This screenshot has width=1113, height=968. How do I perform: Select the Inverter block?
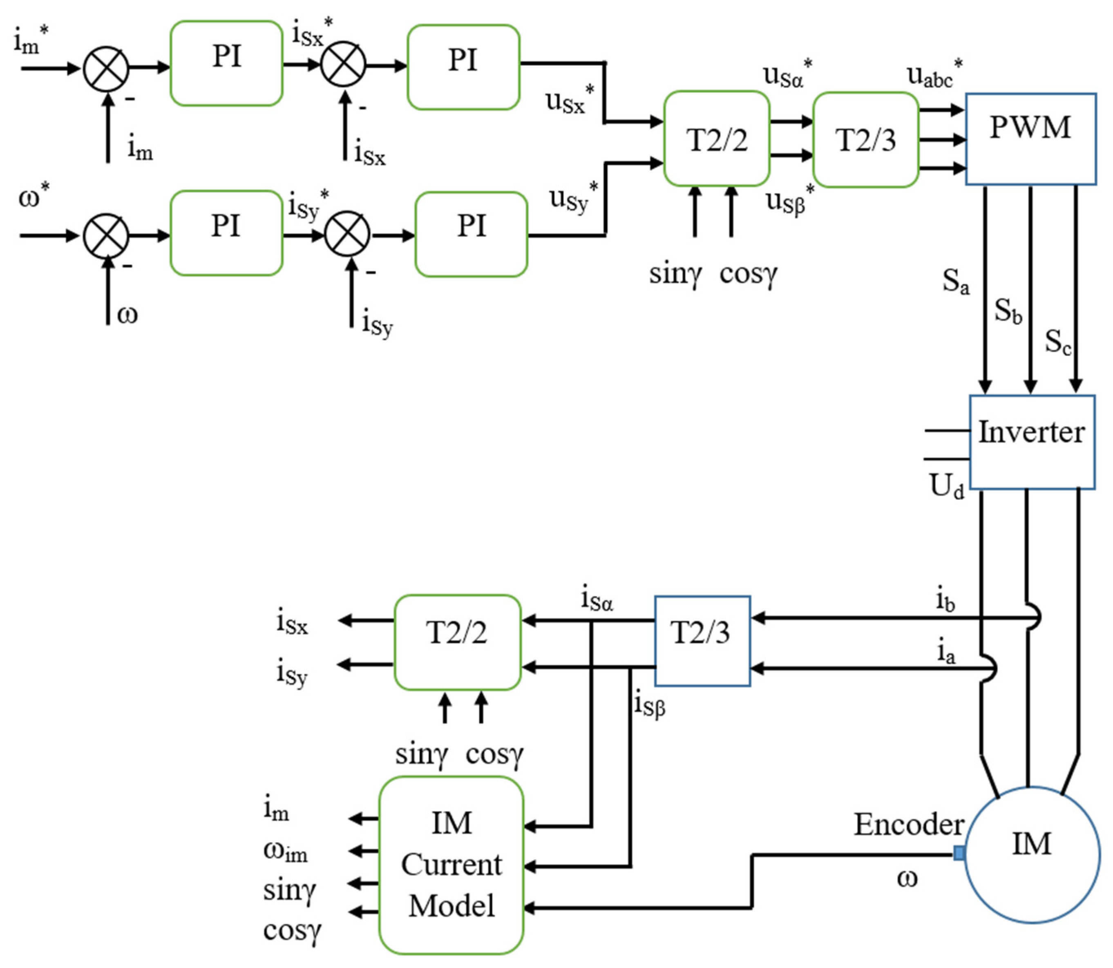(1031, 441)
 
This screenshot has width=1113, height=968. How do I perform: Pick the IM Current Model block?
(451, 864)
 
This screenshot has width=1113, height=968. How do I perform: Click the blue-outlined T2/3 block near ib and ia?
(702, 641)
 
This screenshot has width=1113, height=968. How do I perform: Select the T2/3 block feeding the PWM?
(865, 140)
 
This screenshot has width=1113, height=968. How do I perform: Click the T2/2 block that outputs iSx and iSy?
(457, 642)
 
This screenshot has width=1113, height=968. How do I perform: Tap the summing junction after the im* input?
(106, 69)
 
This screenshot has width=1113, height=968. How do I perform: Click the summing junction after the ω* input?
(106, 235)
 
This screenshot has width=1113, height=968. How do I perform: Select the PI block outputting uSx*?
(463, 67)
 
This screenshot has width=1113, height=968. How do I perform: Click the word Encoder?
(908, 825)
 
